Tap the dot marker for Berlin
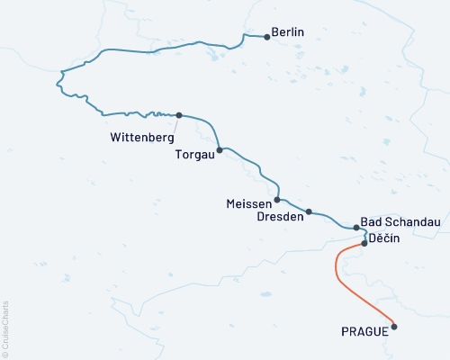point(267,37)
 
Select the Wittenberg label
point(136,139)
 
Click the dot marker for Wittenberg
point(179,115)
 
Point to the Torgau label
point(194,154)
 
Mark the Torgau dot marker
point(220,150)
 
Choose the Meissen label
point(249,203)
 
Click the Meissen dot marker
point(277,200)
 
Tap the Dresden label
point(278,217)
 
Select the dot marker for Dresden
point(309,212)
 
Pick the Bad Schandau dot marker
point(355,228)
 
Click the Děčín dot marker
point(364,243)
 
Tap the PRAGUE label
point(364,331)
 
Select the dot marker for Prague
point(394,327)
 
